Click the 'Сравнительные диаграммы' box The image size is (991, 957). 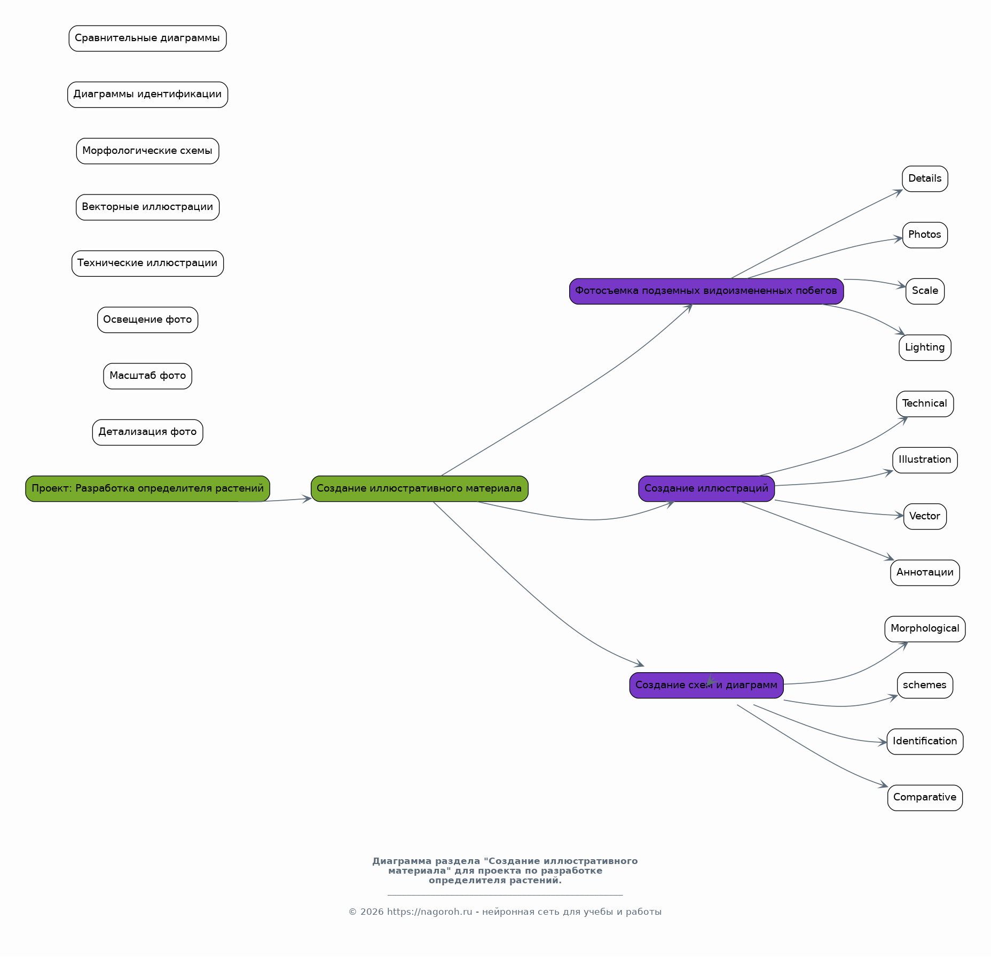(x=147, y=38)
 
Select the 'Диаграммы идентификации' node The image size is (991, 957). (x=147, y=95)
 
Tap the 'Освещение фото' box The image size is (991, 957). (x=147, y=320)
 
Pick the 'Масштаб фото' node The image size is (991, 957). (x=147, y=376)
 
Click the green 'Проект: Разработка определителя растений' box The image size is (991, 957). (x=147, y=488)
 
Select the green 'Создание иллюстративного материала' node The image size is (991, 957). (x=419, y=488)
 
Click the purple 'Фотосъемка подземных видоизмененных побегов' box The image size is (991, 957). (x=706, y=291)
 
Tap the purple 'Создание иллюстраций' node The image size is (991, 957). (x=706, y=488)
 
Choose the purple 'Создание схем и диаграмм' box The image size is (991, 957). (x=706, y=685)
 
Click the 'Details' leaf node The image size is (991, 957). (x=925, y=178)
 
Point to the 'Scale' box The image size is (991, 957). (x=925, y=291)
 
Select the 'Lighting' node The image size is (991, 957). (x=925, y=348)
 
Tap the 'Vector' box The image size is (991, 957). (x=925, y=517)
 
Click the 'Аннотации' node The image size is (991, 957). (x=925, y=573)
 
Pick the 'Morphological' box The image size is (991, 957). (x=925, y=629)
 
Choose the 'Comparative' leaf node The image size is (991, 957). (x=925, y=798)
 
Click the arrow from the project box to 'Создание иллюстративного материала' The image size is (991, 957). (x=275, y=501)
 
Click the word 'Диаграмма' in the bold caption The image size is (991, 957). (x=402, y=861)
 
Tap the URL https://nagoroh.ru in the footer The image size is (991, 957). (x=429, y=912)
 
